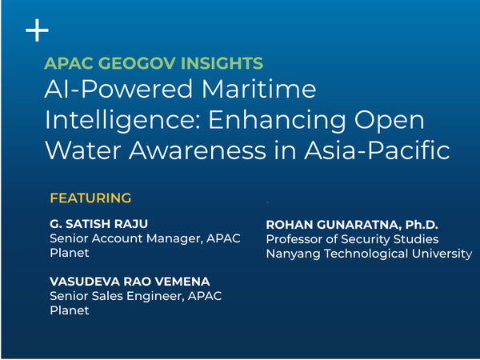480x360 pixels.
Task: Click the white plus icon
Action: (37, 30)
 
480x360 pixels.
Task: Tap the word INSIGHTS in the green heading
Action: (222, 63)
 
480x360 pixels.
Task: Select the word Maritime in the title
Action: (258, 89)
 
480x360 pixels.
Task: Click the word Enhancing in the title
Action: (277, 121)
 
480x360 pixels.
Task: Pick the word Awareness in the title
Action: (197, 150)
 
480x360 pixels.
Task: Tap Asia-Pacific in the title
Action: (377, 150)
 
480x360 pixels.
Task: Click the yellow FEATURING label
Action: (90, 198)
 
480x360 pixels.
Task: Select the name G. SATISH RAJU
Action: (98, 224)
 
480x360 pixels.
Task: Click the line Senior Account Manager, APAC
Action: (145, 238)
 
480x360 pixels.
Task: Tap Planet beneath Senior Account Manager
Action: (70, 253)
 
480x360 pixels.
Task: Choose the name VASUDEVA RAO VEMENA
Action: (130, 282)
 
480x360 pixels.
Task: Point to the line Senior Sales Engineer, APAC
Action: (136, 296)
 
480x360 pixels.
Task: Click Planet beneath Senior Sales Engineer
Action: (70, 310)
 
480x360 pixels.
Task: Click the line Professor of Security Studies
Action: (352, 239)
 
